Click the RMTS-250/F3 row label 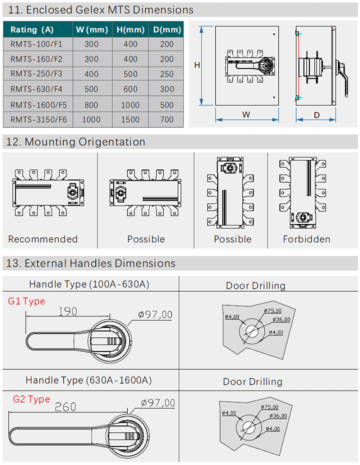click(36, 74)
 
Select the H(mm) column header click(130, 29)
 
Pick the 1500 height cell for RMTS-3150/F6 click(130, 119)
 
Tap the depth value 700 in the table click(167, 119)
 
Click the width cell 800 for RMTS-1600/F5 click(91, 105)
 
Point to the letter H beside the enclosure click(197, 65)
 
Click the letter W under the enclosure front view click(246, 115)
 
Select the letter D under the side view click(316, 115)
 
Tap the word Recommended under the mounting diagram click(43, 239)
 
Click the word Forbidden click(306, 239)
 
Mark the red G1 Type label click(27, 301)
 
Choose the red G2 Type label click(31, 399)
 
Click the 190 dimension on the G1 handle click(68, 311)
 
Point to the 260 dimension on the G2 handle click(65, 407)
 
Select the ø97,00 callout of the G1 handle click(155, 315)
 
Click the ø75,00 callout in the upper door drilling click(273, 310)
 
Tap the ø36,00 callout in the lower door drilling click(278, 416)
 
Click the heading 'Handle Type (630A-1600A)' click(89, 380)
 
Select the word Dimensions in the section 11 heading click(163, 10)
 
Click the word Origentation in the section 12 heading click(112, 142)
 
